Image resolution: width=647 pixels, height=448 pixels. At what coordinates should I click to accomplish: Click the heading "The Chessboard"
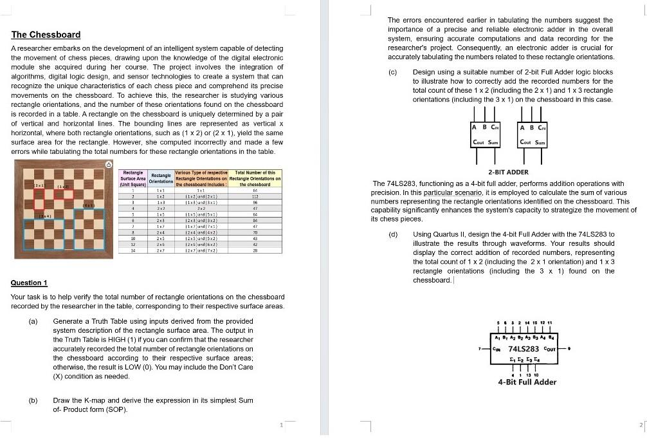46,35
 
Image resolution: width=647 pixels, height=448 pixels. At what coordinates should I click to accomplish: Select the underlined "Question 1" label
30,283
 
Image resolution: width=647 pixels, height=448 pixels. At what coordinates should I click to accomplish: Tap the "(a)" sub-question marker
33,321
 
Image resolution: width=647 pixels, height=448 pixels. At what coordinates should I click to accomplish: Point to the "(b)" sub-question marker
33,400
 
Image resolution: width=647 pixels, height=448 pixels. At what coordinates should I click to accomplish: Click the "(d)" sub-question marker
393,235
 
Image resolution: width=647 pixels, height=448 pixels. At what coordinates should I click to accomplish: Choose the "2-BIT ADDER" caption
508,173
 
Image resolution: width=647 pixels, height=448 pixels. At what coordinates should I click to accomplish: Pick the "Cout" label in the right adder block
525,142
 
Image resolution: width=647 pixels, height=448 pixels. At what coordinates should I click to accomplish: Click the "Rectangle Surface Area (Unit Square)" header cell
133,178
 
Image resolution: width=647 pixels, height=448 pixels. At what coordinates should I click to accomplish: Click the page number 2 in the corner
641,425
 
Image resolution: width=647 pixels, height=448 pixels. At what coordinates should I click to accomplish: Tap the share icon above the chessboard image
109,165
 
